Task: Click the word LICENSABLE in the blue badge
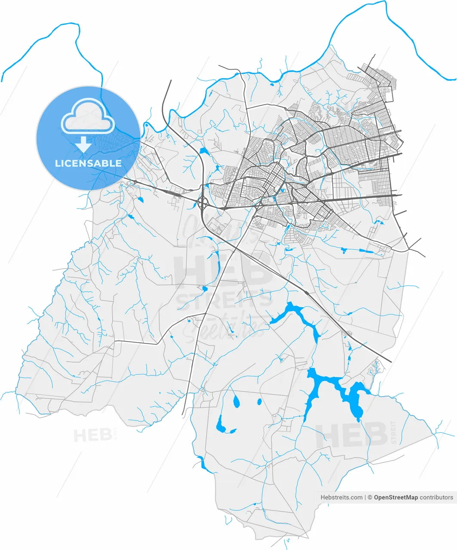(x=88, y=163)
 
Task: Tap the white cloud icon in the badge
(x=88, y=116)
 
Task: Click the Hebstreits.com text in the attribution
(x=341, y=498)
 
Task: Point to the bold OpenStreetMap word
(x=396, y=498)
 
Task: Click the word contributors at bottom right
(x=436, y=498)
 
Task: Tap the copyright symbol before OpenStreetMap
(x=370, y=498)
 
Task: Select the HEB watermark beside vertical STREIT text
(x=351, y=435)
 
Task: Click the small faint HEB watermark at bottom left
(x=92, y=435)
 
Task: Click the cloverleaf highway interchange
(x=203, y=202)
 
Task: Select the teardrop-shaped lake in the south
(x=236, y=401)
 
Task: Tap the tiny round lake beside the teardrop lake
(x=259, y=402)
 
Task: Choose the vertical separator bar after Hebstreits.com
(x=365, y=498)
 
